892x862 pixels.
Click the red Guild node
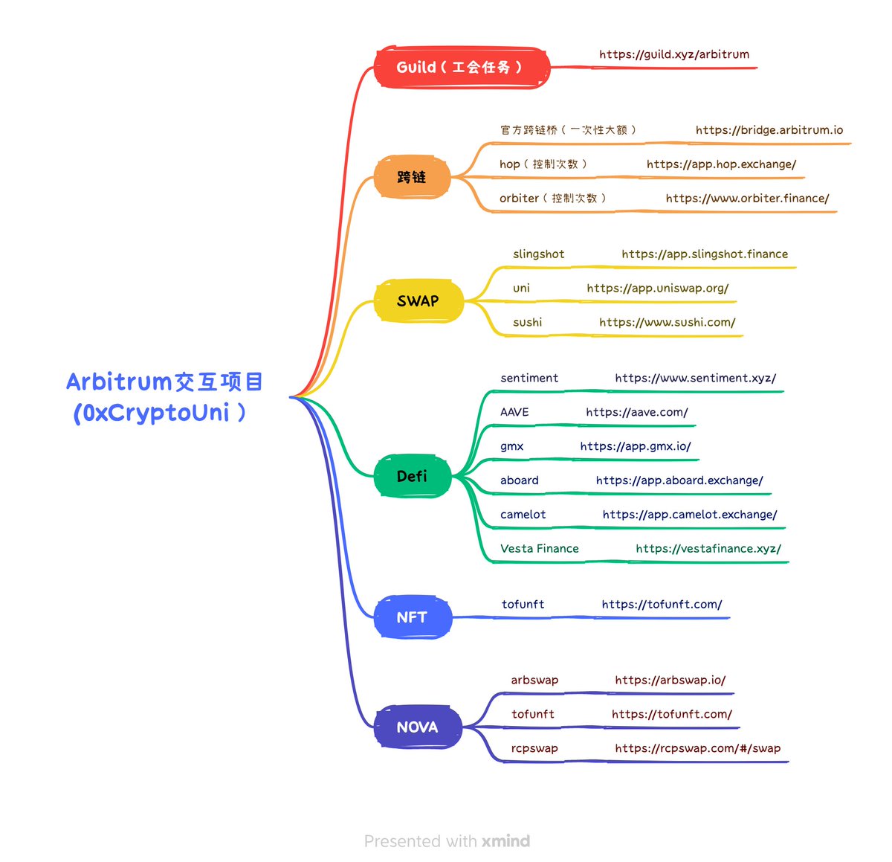click(x=462, y=68)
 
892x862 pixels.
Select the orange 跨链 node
click(x=412, y=177)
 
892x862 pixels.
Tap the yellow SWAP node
click(x=418, y=301)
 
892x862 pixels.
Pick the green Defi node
click(x=412, y=476)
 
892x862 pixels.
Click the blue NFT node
click(x=412, y=617)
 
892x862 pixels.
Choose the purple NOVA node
click(x=417, y=727)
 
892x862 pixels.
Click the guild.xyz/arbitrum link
click(x=674, y=54)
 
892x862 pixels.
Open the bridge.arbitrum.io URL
click(x=769, y=130)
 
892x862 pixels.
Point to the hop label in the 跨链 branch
click(x=510, y=164)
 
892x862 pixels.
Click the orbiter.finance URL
click(x=747, y=199)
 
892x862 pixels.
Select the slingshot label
click(x=538, y=254)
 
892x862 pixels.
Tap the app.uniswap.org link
click(x=657, y=289)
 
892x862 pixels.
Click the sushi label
click(x=527, y=323)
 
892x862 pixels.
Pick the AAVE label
click(x=514, y=412)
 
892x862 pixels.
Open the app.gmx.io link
click(x=636, y=446)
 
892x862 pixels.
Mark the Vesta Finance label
click(x=539, y=549)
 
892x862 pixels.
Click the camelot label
click(x=523, y=515)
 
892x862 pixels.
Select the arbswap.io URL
click(x=670, y=681)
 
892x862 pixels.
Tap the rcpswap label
click(x=534, y=748)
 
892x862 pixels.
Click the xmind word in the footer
click(x=505, y=841)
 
